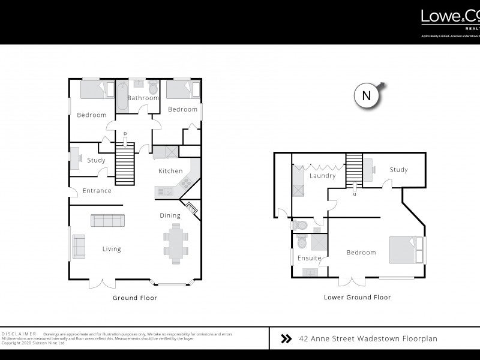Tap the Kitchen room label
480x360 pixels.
pos(170,171)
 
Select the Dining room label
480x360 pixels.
pos(170,215)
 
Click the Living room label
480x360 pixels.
pos(112,249)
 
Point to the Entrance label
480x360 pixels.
pos(97,191)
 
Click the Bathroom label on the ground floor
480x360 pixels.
pos(142,98)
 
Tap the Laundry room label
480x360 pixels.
pos(322,176)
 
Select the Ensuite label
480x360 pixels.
pos(310,259)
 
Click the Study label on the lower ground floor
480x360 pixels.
pos(398,170)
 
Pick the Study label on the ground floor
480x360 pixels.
pos(96,160)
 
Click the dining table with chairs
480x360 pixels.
pos(176,243)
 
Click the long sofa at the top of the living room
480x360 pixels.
pos(108,220)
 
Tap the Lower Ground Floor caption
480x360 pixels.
pos(357,297)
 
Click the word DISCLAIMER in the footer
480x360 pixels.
pos(19,333)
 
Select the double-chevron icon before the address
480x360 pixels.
pos(287,339)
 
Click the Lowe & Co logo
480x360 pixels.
pos(450,18)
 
